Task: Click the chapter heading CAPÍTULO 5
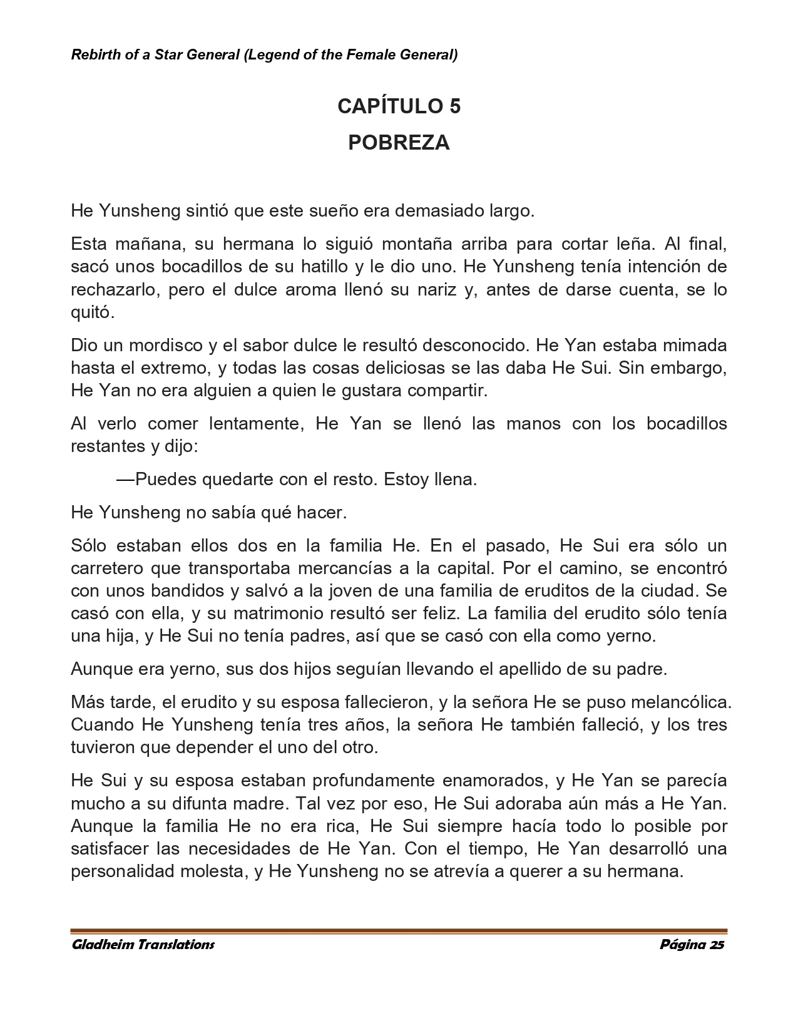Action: (399, 106)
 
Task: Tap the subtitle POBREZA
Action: (399, 143)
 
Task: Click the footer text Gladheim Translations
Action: (143, 945)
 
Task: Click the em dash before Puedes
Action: (125, 480)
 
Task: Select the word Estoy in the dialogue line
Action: (406, 480)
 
